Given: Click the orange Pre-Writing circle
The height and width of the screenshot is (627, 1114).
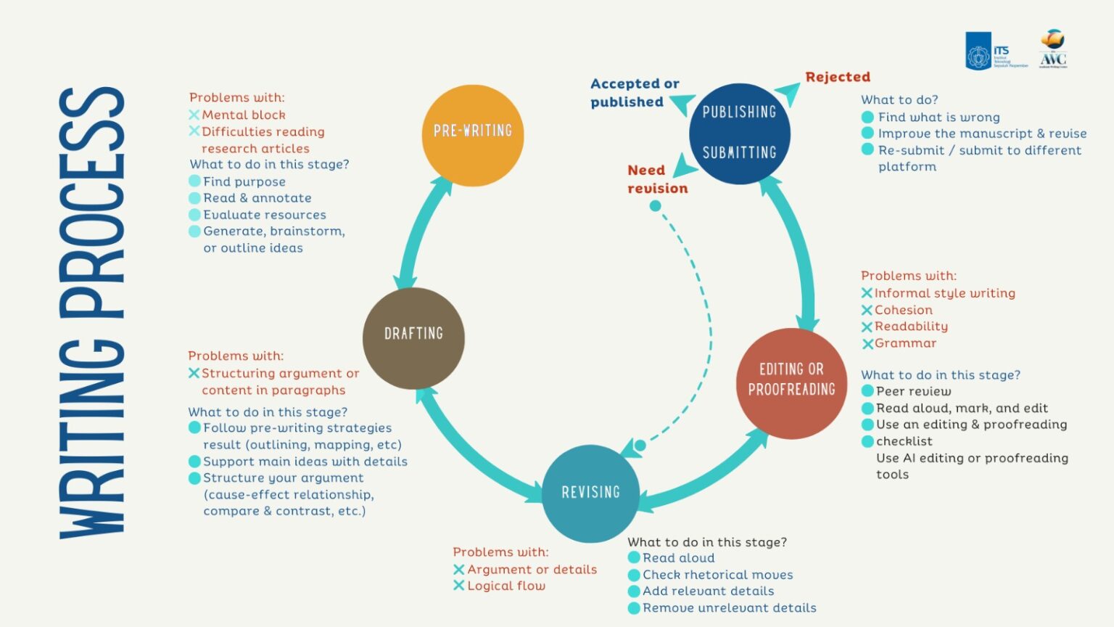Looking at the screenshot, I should click(x=472, y=135).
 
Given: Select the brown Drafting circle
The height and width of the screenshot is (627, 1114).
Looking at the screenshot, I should click(x=413, y=337).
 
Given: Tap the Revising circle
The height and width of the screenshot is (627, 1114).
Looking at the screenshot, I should click(x=590, y=493).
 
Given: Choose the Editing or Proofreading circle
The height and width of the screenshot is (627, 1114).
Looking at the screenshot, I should click(x=791, y=382).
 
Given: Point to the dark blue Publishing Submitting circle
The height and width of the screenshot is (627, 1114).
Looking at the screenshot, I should click(x=739, y=133).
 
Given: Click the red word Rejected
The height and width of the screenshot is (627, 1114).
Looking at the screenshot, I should click(x=838, y=77).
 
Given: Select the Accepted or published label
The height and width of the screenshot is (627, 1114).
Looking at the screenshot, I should click(x=634, y=93).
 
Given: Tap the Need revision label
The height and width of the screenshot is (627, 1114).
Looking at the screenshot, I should click(x=657, y=179).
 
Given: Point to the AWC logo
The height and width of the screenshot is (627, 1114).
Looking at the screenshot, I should click(x=1052, y=49).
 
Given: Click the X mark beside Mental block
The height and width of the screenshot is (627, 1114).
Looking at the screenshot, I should click(x=194, y=115).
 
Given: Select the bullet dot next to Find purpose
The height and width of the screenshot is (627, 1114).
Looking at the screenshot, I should click(x=194, y=181).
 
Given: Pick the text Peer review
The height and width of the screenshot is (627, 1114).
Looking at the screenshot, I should click(x=913, y=392).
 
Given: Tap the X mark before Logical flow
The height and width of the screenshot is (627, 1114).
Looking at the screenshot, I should click(x=458, y=586).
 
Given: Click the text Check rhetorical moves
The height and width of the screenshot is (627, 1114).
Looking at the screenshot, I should click(x=717, y=575).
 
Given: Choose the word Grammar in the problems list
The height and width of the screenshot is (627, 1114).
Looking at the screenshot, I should click(x=905, y=343).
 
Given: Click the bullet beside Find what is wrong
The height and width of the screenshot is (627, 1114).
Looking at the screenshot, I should click(x=867, y=117).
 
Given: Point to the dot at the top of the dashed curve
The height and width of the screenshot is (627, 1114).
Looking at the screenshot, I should click(x=655, y=206).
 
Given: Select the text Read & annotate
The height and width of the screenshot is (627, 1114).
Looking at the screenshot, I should click(x=257, y=198).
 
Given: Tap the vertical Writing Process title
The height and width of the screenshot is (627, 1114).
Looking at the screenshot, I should click(x=92, y=313).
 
